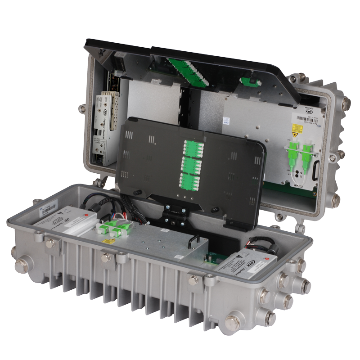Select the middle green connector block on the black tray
pos(193,162)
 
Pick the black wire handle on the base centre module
pos(194,238)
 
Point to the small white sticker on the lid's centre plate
pos(225,121)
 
